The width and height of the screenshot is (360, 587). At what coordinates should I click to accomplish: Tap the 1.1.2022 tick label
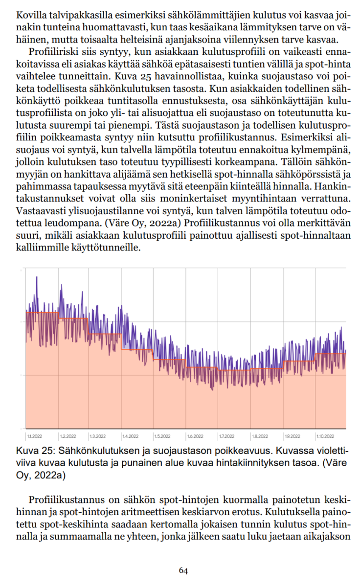34,436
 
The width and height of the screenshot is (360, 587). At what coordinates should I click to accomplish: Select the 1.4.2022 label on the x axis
131,436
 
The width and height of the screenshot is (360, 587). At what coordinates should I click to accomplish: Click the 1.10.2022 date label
325,436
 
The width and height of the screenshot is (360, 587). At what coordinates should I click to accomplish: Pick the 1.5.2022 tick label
162,436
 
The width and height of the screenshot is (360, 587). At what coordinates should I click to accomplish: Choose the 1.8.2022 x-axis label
260,436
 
